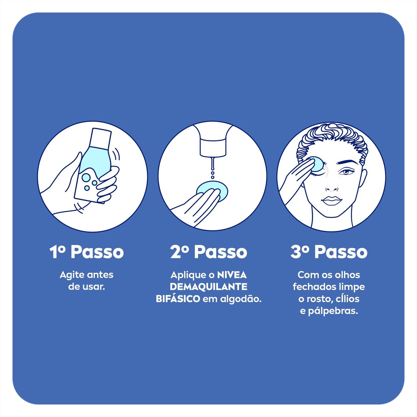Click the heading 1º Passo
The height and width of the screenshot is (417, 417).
pyautogui.click(x=87, y=252)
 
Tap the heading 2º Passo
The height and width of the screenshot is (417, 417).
pyautogui.click(x=209, y=252)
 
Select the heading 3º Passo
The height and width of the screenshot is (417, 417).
pyautogui.click(x=329, y=252)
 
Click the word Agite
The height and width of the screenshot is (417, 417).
pyautogui.click(x=72, y=275)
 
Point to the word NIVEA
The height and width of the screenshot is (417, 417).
pyautogui.click(x=232, y=275)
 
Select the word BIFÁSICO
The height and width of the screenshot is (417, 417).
pyautogui.click(x=178, y=299)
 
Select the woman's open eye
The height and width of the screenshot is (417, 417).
pyautogui.click(x=346, y=172)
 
